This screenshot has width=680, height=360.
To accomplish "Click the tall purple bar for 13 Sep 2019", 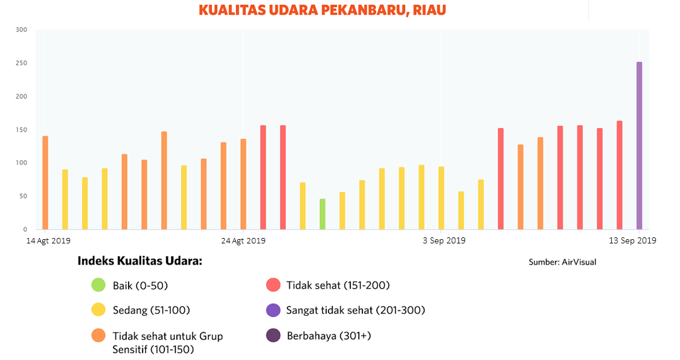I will pyautogui.click(x=639, y=146).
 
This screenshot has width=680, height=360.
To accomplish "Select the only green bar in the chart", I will pyautogui.click(x=322, y=214).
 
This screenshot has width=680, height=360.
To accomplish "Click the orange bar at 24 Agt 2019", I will pyautogui.click(x=243, y=184).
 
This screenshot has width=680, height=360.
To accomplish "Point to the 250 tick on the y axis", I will pyautogui.click(x=22, y=63).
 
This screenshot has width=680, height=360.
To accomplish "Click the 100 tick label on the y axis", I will pyautogui.click(x=22, y=163).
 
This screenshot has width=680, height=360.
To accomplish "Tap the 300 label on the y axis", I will pyautogui.click(x=22, y=30).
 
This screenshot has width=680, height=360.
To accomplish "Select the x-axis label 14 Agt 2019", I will pyautogui.click(x=48, y=240).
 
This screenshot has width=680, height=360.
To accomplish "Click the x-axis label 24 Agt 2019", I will pyautogui.click(x=243, y=240).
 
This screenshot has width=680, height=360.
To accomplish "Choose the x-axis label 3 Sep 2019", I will pyautogui.click(x=444, y=240).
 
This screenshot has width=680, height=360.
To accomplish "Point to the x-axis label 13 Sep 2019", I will pyautogui.click(x=632, y=240).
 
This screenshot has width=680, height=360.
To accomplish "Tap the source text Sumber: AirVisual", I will pyautogui.click(x=562, y=262).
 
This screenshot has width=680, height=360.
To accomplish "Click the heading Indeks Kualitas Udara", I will pyautogui.click(x=140, y=262).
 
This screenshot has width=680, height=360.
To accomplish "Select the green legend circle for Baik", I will pyautogui.click(x=98, y=285).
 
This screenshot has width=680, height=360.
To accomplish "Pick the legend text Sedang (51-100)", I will pyautogui.click(x=151, y=310).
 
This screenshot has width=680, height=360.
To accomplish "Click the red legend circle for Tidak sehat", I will pyautogui.click(x=273, y=285).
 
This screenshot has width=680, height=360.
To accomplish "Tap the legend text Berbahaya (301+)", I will pyautogui.click(x=329, y=335).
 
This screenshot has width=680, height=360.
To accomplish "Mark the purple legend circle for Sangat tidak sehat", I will pyautogui.click(x=273, y=310).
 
